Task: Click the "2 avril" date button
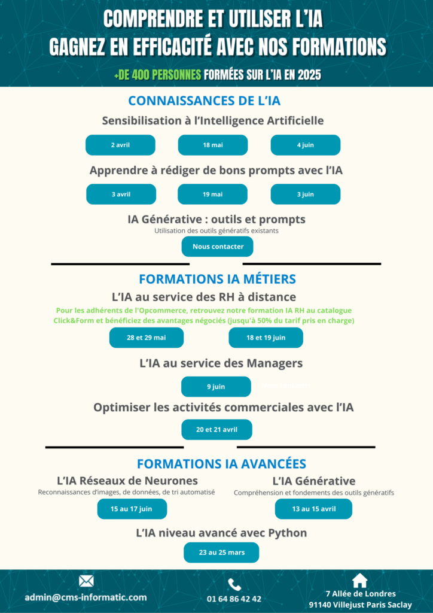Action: click(x=120, y=145)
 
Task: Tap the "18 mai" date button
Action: click(x=213, y=145)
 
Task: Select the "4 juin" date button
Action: click(x=305, y=145)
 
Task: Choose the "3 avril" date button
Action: click(x=121, y=194)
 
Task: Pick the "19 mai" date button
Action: click(x=212, y=194)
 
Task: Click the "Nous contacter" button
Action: click(x=218, y=246)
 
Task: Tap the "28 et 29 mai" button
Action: click(x=146, y=338)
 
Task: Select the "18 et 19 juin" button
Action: click(x=266, y=338)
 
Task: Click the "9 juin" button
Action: click(x=216, y=387)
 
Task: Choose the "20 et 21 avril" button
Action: click(x=216, y=429)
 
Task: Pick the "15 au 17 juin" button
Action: click(x=132, y=509)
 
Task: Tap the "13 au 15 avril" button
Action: click(x=313, y=509)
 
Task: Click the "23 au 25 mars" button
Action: click(x=221, y=553)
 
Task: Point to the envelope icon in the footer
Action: click(x=86, y=581)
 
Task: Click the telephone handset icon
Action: click(x=234, y=584)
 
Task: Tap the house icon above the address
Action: click(x=359, y=580)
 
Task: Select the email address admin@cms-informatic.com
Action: click(x=86, y=597)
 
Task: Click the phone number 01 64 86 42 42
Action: click(x=234, y=599)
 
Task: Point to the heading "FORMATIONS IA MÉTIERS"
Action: click(x=217, y=279)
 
